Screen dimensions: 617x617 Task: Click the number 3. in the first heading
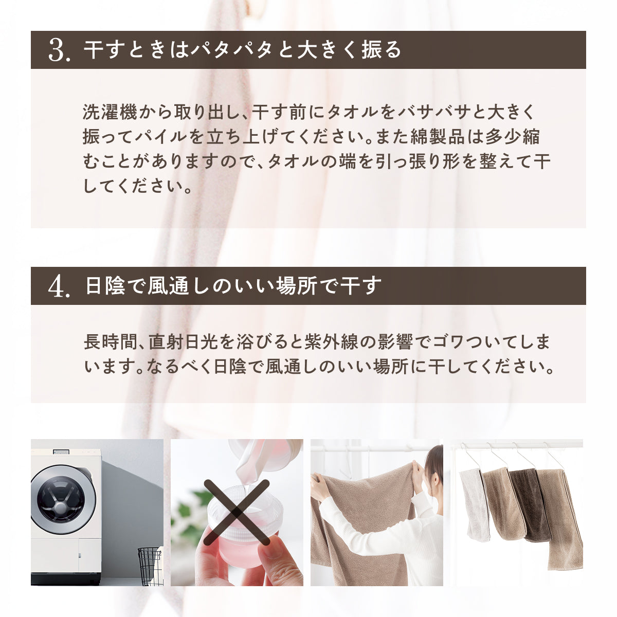59,50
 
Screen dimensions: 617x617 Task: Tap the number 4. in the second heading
59,286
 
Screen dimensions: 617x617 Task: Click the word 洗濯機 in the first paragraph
110,112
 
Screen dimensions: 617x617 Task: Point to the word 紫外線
332,341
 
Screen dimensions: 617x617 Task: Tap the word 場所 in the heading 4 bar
296,286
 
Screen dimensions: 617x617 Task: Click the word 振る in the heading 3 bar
382,50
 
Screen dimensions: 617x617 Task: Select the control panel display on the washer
61,452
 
